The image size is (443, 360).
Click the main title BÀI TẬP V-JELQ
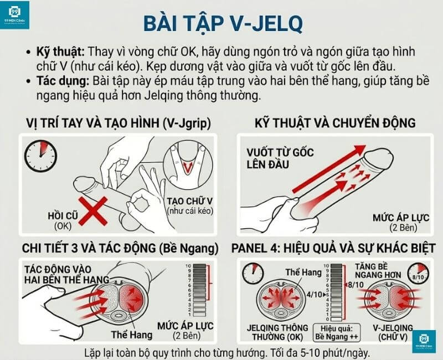[x=222, y=24]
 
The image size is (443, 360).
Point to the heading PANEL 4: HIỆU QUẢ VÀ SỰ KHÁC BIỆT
[x=335, y=246]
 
